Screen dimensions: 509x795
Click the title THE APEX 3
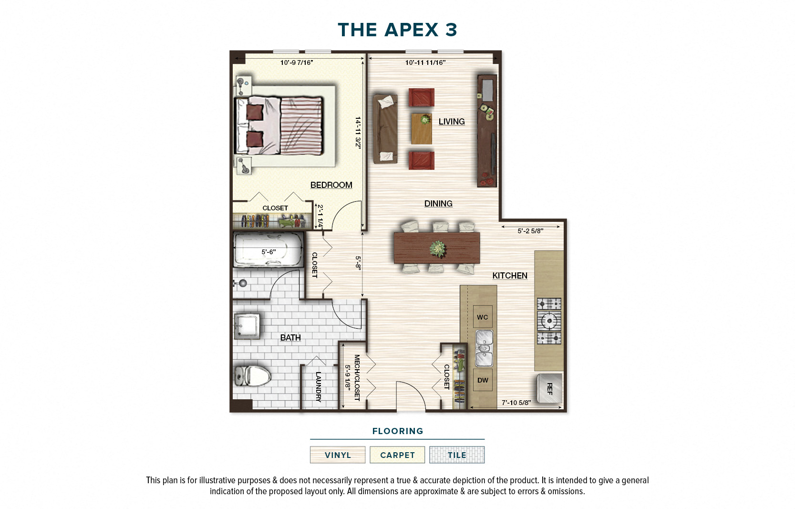[x=397, y=30]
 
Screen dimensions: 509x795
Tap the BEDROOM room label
[x=331, y=185]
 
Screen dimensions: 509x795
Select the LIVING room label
[x=451, y=122]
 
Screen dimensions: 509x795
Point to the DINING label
[x=438, y=204]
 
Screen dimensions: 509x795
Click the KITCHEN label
[x=509, y=276]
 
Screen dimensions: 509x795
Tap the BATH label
[x=290, y=338]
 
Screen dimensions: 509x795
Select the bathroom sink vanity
[x=247, y=326]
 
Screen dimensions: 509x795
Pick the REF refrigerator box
[x=549, y=389]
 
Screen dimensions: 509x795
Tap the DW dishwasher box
[x=483, y=380]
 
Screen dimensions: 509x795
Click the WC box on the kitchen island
[x=482, y=317]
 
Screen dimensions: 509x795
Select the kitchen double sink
[x=484, y=348]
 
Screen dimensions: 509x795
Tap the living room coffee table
[x=422, y=128]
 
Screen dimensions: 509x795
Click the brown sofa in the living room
[x=385, y=129]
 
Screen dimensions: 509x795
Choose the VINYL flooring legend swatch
[x=337, y=455]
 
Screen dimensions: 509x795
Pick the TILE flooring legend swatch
[x=456, y=455]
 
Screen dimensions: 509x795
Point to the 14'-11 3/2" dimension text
[x=358, y=133]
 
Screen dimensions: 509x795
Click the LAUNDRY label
[x=318, y=386]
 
